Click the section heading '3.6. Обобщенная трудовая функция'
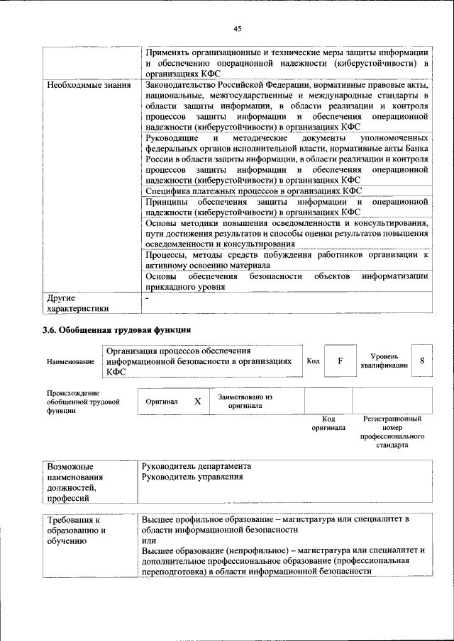[x=116, y=329]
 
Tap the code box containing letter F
[x=340, y=361]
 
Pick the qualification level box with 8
[x=423, y=361]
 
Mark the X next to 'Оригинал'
[x=197, y=401]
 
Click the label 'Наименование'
[x=70, y=362]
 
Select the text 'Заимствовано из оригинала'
[x=245, y=402]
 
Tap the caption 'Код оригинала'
[x=328, y=424]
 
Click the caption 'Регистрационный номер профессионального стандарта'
[x=392, y=433]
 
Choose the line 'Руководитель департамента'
[x=196, y=467]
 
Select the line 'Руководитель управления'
[x=192, y=477]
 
